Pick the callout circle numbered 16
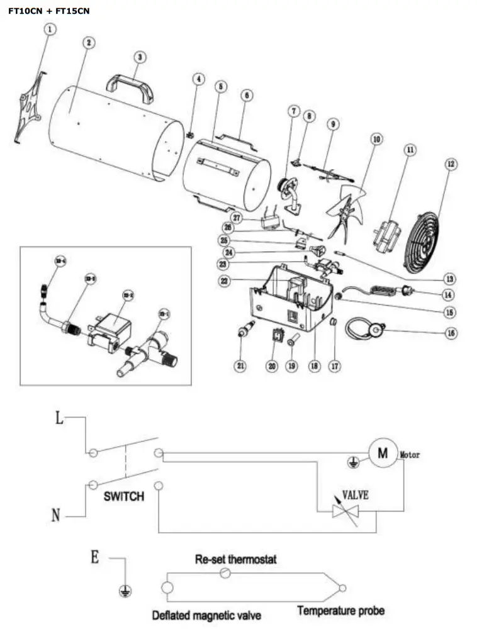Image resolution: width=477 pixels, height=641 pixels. [x=450, y=333]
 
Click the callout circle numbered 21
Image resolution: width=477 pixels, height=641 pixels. [x=240, y=366]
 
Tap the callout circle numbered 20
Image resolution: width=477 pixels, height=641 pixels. [x=272, y=366]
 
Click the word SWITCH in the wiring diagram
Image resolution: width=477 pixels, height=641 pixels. [x=123, y=496]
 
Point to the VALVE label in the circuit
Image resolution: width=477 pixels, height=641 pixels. [x=355, y=495]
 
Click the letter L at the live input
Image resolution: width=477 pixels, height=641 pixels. [x=59, y=419]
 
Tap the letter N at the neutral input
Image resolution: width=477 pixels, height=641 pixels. [x=56, y=516]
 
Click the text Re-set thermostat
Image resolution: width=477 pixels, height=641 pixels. [x=235, y=559]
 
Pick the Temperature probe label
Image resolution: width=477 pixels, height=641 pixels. [x=340, y=610]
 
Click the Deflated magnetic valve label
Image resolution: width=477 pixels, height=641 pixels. [x=206, y=615]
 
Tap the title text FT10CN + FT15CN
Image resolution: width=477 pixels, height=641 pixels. [x=49, y=11]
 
